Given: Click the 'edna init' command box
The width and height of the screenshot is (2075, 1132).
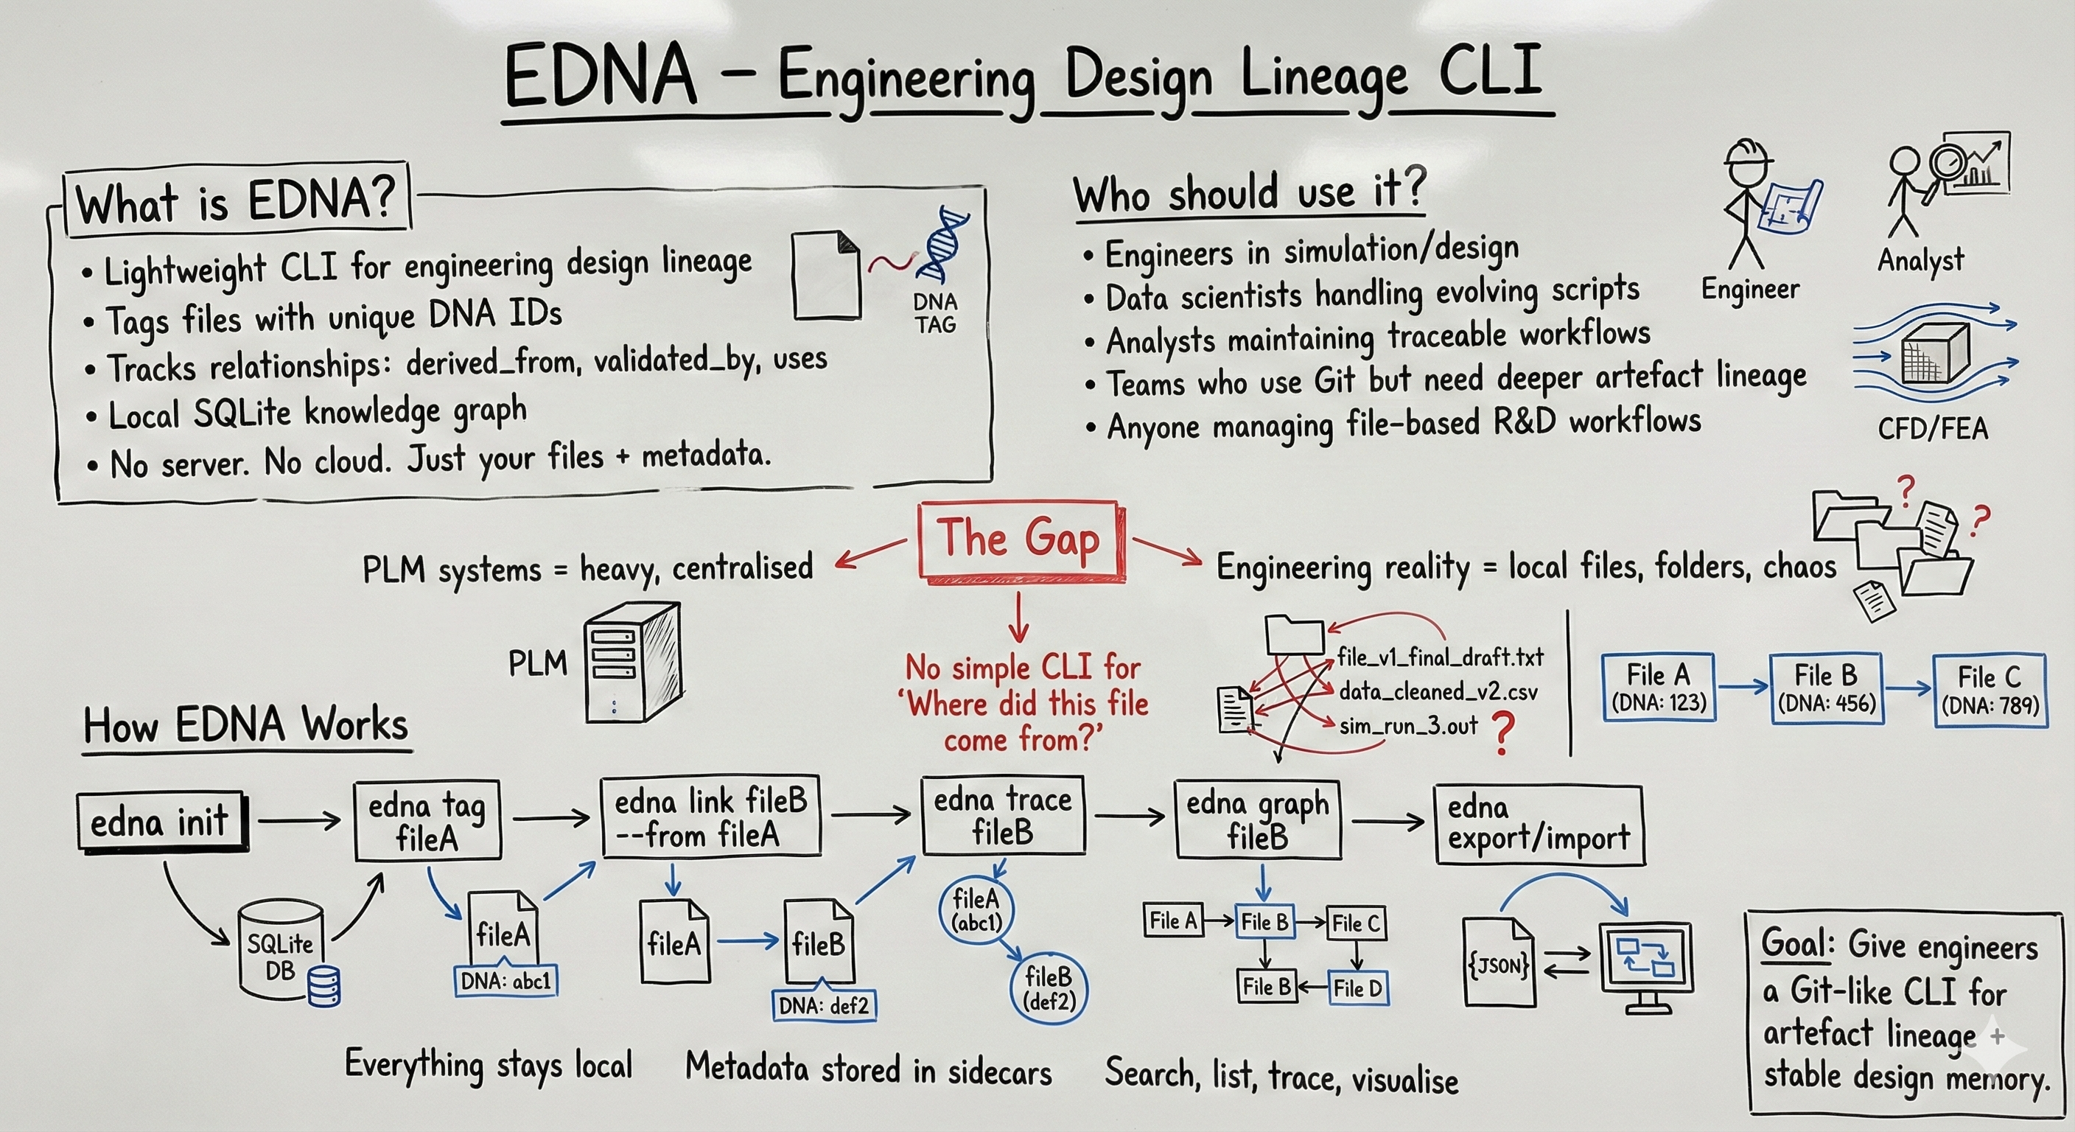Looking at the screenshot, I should coord(161,822).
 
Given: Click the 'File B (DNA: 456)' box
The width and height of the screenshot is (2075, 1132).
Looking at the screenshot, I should coord(1826,688).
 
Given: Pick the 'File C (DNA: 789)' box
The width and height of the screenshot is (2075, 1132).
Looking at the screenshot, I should coord(1990,690).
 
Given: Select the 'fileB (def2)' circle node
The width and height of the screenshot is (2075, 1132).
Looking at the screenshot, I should coord(1048,988).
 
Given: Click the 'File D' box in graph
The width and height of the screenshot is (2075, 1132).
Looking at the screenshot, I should coord(1357,988).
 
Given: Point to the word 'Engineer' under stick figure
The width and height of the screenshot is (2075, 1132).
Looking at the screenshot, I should coord(1749,289).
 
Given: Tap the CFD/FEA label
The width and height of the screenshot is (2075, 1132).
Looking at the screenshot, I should coord(1931,428).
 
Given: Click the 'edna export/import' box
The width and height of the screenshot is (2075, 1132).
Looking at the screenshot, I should coord(1539,824).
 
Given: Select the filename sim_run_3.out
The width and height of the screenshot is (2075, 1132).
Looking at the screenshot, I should coord(1408,726).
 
